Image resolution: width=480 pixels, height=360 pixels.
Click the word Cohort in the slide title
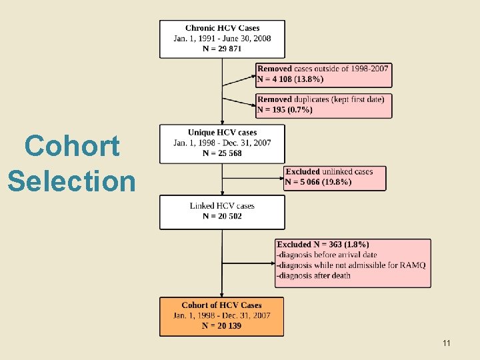(x=72, y=146)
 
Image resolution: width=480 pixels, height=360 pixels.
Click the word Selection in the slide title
(x=71, y=180)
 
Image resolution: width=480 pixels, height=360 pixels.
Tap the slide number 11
(x=446, y=343)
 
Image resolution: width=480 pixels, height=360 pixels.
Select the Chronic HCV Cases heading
(x=222, y=28)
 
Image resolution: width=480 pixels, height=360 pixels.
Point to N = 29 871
(x=222, y=49)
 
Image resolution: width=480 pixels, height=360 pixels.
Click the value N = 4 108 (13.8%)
(x=291, y=79)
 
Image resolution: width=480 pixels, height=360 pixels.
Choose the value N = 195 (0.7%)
(x=285, y=109)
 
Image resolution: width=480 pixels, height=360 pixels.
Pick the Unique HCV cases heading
(x=222, y=133)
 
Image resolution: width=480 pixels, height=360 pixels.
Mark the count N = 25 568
(x=222, y=153)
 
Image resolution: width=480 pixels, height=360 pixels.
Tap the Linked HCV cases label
(x=222, y=205)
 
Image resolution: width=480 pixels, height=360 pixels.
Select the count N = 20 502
(x=222, y=216)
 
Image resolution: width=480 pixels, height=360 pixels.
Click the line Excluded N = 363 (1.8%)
(x=323, y=245)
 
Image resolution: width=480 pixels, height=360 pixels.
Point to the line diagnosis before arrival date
(x=327, y=255)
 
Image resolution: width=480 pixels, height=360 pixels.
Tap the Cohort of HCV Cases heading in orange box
(x=222, y=305)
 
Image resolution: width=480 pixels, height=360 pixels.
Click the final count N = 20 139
(x=222, y=325)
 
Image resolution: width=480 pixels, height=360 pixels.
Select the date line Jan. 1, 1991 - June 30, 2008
(x=222, y=39)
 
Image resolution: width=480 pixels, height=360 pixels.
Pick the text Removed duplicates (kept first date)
(x=321, y=99)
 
